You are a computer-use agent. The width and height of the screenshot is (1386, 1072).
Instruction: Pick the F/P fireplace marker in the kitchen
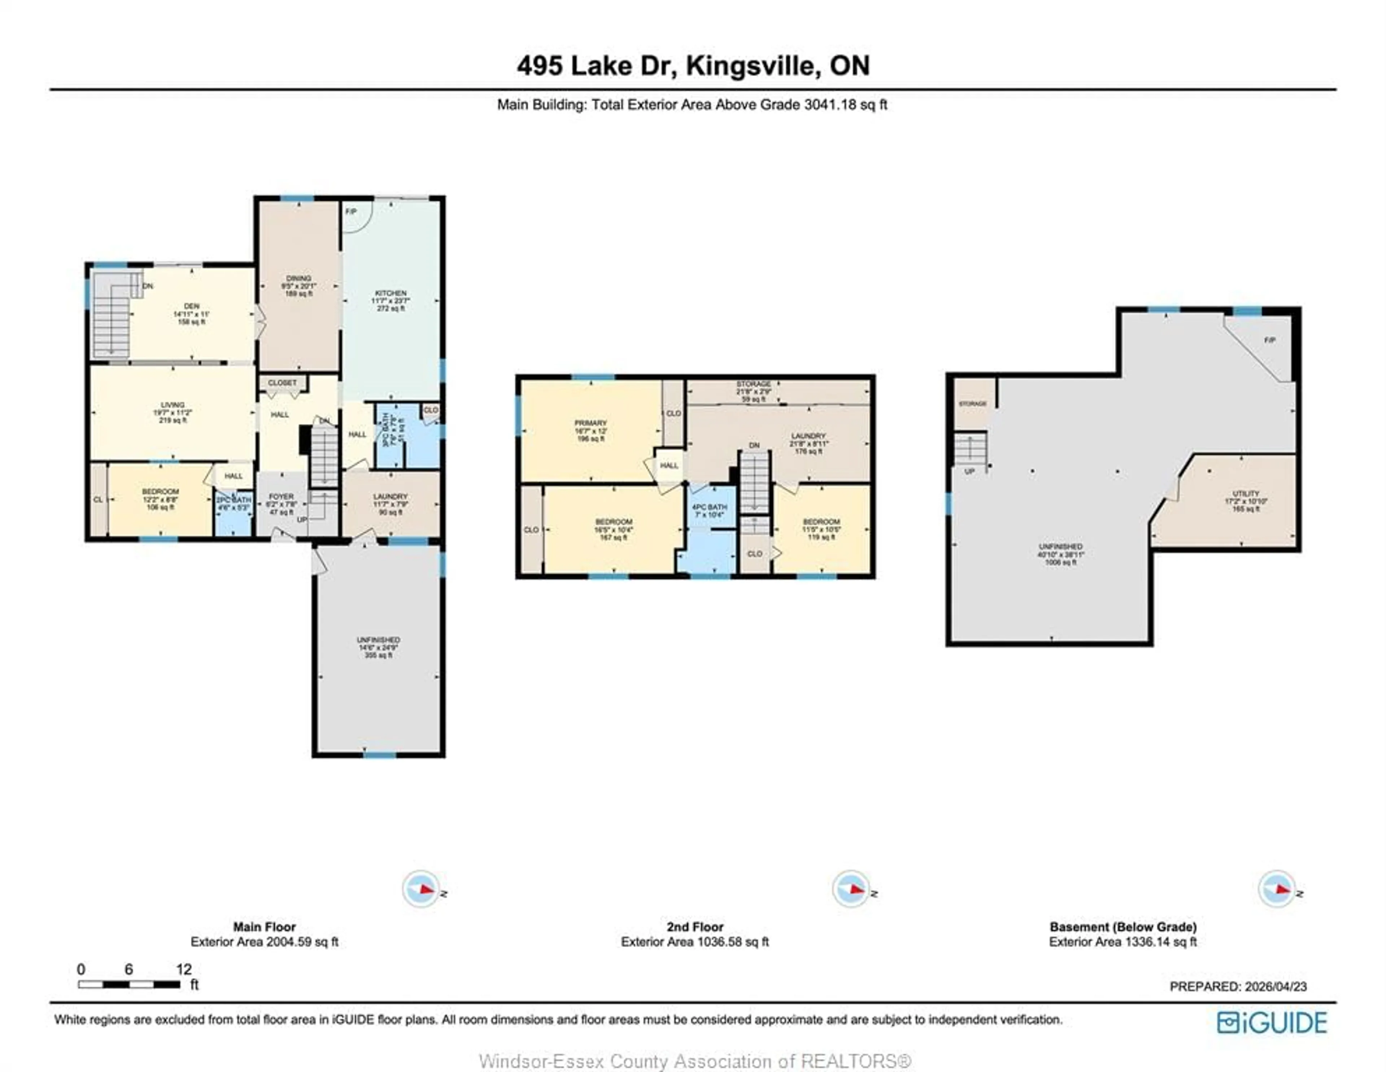click(351, 212)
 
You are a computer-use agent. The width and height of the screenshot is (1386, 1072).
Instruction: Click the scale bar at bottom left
click(129, 984)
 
